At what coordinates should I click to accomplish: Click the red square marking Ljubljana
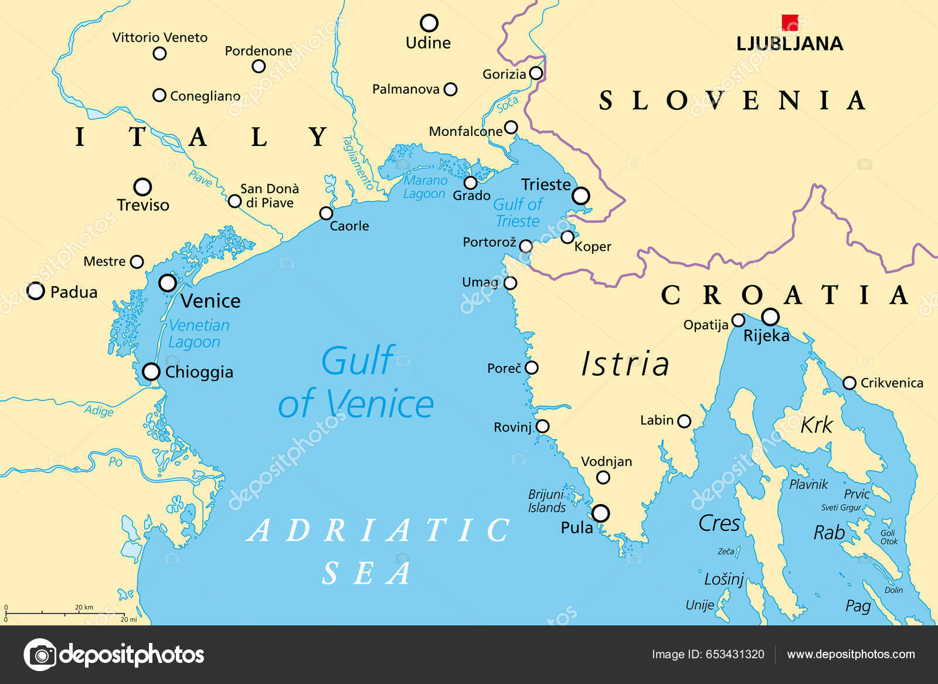point(790,22)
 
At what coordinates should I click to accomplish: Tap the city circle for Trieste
point(580,195)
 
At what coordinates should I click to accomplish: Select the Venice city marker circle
point(168,283)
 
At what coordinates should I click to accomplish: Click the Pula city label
point(577,528)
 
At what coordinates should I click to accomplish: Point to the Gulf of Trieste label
point(518,213)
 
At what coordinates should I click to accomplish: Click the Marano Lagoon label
point(425,187)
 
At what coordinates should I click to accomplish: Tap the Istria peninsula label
point(625,364)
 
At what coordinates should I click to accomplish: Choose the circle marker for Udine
point(429,23)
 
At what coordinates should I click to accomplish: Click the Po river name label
point(115,462)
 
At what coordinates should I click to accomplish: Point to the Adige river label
point(98,410)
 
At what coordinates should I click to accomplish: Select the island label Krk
point(816,425)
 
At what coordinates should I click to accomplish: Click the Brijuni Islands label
point(546,501)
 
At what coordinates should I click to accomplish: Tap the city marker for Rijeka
point(770,317)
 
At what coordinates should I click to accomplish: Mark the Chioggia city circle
point(151,371)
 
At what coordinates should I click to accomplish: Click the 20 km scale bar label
point(84,607)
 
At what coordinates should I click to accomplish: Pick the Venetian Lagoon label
point(198,334)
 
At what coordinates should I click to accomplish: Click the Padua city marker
point(36,291)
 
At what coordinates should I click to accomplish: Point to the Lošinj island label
point(723,579)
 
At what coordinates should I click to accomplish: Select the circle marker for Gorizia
point(536,73)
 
